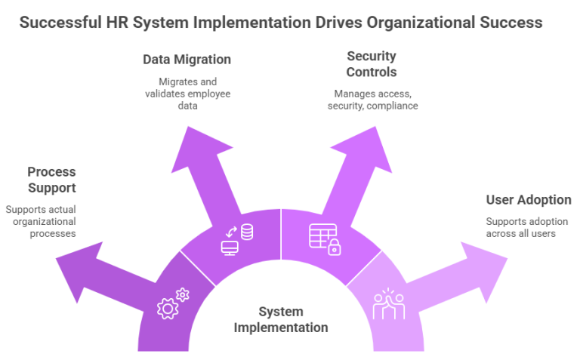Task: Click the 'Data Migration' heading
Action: pyautogui.click(x=187, y=59)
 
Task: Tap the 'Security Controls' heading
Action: pyautogui.click(x=372, y=63)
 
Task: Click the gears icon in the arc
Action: pyautogui.click(x=172, y=301)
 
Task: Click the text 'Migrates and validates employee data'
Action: pyautogui.click(x=187, y=94)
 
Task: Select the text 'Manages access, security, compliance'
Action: pyautogui.click(x=372, y=100)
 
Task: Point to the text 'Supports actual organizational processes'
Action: pyautogui.click(x=41, y=221)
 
